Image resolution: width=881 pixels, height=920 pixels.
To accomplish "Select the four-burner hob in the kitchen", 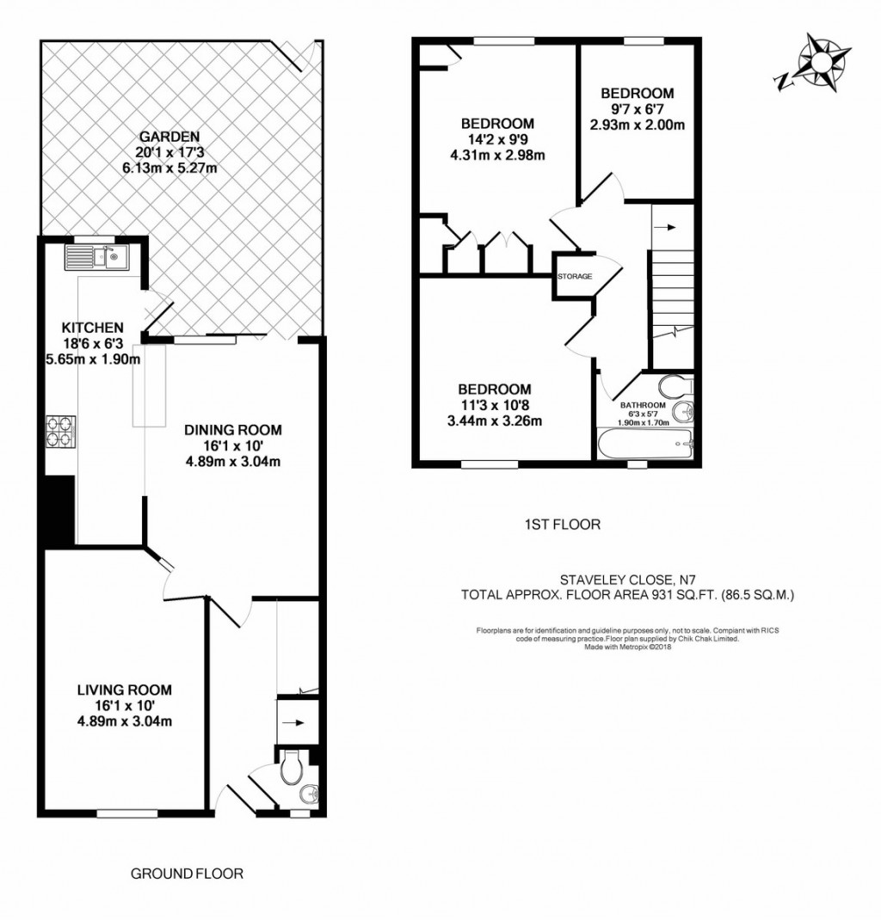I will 61,433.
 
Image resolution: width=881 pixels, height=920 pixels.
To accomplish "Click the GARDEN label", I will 169,137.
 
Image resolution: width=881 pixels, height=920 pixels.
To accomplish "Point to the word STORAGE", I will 575,276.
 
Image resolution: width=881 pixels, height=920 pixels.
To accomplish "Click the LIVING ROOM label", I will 125,690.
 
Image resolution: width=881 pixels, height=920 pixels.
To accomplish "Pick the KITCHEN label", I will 93,328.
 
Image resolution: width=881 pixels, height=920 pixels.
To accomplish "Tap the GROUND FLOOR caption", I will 187,874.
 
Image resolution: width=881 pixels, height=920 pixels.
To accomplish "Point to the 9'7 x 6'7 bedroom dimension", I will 637,108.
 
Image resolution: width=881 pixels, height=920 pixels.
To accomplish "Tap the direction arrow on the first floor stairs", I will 665,228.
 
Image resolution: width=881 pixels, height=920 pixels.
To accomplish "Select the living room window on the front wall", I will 126,813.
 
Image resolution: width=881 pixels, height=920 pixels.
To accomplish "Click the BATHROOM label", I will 644,405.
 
